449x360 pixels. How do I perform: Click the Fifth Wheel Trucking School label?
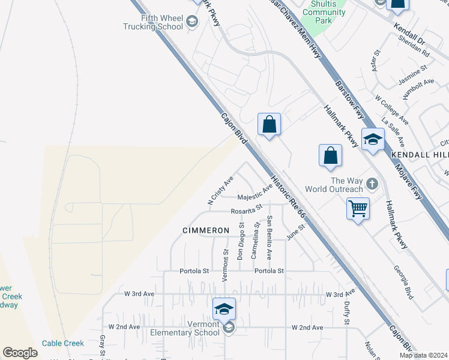153,23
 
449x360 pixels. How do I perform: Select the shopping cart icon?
358,209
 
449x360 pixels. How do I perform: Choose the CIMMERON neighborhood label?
206,230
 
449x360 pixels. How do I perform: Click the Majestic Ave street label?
255,194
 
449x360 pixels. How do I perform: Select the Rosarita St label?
247,210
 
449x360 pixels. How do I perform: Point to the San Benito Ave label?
270,237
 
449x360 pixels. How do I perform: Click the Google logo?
20,353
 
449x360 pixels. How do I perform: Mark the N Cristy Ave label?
220,191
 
